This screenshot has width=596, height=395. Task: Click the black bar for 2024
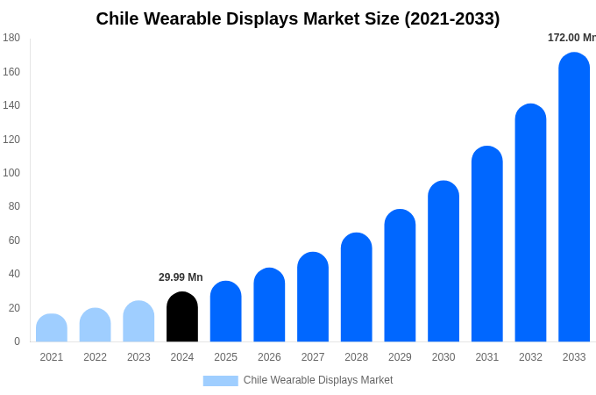[x=182, y=317]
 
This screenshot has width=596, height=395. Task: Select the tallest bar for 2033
[x=574, y=197]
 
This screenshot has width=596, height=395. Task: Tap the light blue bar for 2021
[x=52, y=328]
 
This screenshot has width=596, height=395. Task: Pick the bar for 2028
[x=357, y=287]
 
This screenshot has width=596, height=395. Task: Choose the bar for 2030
[x=443, y=262]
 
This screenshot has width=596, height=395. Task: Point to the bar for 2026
[x=269, y=305]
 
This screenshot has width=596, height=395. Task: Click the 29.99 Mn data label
[x=181, y=277]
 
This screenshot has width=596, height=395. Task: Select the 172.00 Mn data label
[x=571, y=38]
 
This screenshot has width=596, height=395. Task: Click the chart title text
[x=298, y=18]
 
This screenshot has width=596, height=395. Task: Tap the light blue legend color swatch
[x=220, y=381]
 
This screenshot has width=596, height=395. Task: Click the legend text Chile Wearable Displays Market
[x=318, y=380]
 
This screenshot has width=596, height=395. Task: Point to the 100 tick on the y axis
[x=11, y=173]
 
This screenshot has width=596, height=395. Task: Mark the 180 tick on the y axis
[x=11, y=38]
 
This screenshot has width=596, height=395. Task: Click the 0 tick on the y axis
[x=17, y=341]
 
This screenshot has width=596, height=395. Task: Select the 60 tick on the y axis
[x=14, y=241]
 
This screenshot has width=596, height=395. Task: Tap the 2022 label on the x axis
[x=95, y=357]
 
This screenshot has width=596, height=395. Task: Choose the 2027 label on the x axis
[x=313, y=357]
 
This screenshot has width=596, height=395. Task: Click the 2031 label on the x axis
[x=487, y=357]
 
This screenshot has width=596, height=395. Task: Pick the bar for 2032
[x=530, y=223]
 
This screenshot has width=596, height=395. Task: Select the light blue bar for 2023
[x=138, y=321]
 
